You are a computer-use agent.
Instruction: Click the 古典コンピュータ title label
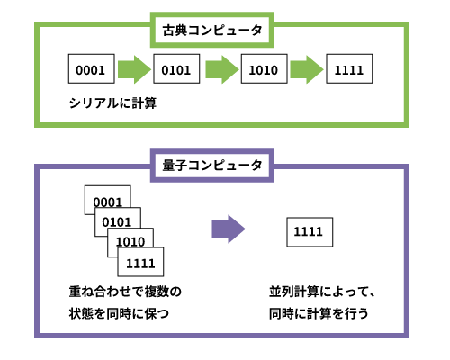pos(212,30)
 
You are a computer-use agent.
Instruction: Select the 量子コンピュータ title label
pos(212,166)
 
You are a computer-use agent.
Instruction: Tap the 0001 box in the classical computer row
pos(92,68)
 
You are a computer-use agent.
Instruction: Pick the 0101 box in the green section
pos(176,68)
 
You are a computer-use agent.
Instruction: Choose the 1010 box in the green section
pos(264,68)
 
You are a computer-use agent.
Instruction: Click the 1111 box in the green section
pos(349,68)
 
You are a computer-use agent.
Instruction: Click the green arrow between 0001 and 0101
pos(134,69)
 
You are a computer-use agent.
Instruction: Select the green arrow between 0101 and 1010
pos(222,69)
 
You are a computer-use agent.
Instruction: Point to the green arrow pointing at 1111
pos(307,69)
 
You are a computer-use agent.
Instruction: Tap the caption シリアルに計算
pos(112,103)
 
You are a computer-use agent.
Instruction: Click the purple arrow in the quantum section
pos(229,229)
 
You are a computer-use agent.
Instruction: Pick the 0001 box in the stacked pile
pos(108,197)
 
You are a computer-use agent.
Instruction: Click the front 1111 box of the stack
pos(140,262)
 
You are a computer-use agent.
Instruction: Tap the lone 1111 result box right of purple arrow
pos(310,232)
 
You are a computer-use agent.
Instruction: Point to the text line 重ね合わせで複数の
pos(125,292)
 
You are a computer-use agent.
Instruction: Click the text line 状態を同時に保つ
pos(119,314)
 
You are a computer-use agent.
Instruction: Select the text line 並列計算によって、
pos(322,292)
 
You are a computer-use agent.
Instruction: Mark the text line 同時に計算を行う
pos(319,314)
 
